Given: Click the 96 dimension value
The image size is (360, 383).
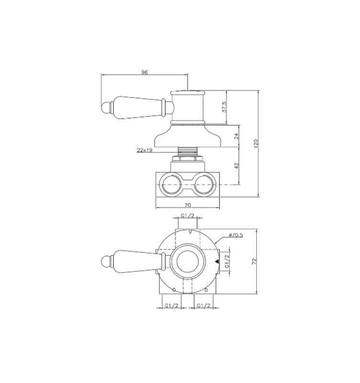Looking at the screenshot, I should click(x=144, y=72).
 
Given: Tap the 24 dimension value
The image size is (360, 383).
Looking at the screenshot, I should click(x=236, y=136).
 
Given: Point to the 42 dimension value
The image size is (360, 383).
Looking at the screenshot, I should click(x=236, y=166).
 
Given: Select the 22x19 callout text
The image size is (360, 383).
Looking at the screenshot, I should click(x=144, y=150).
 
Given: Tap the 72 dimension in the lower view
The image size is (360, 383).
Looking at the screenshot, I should click(x=255, y=261).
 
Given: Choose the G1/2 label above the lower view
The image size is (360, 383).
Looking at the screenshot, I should click(x=188, y=215).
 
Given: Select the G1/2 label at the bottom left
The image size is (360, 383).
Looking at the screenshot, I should click(x=171, y=305).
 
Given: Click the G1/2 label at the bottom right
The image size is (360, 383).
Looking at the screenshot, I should click(x=204, y=305).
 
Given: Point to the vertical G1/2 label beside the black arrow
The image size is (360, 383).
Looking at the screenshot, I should click(x=227, y=261).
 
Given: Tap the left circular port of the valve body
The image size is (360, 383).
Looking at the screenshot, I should click(x=171, y=184).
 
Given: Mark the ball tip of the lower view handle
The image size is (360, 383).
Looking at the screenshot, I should click(x=106, y=261).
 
